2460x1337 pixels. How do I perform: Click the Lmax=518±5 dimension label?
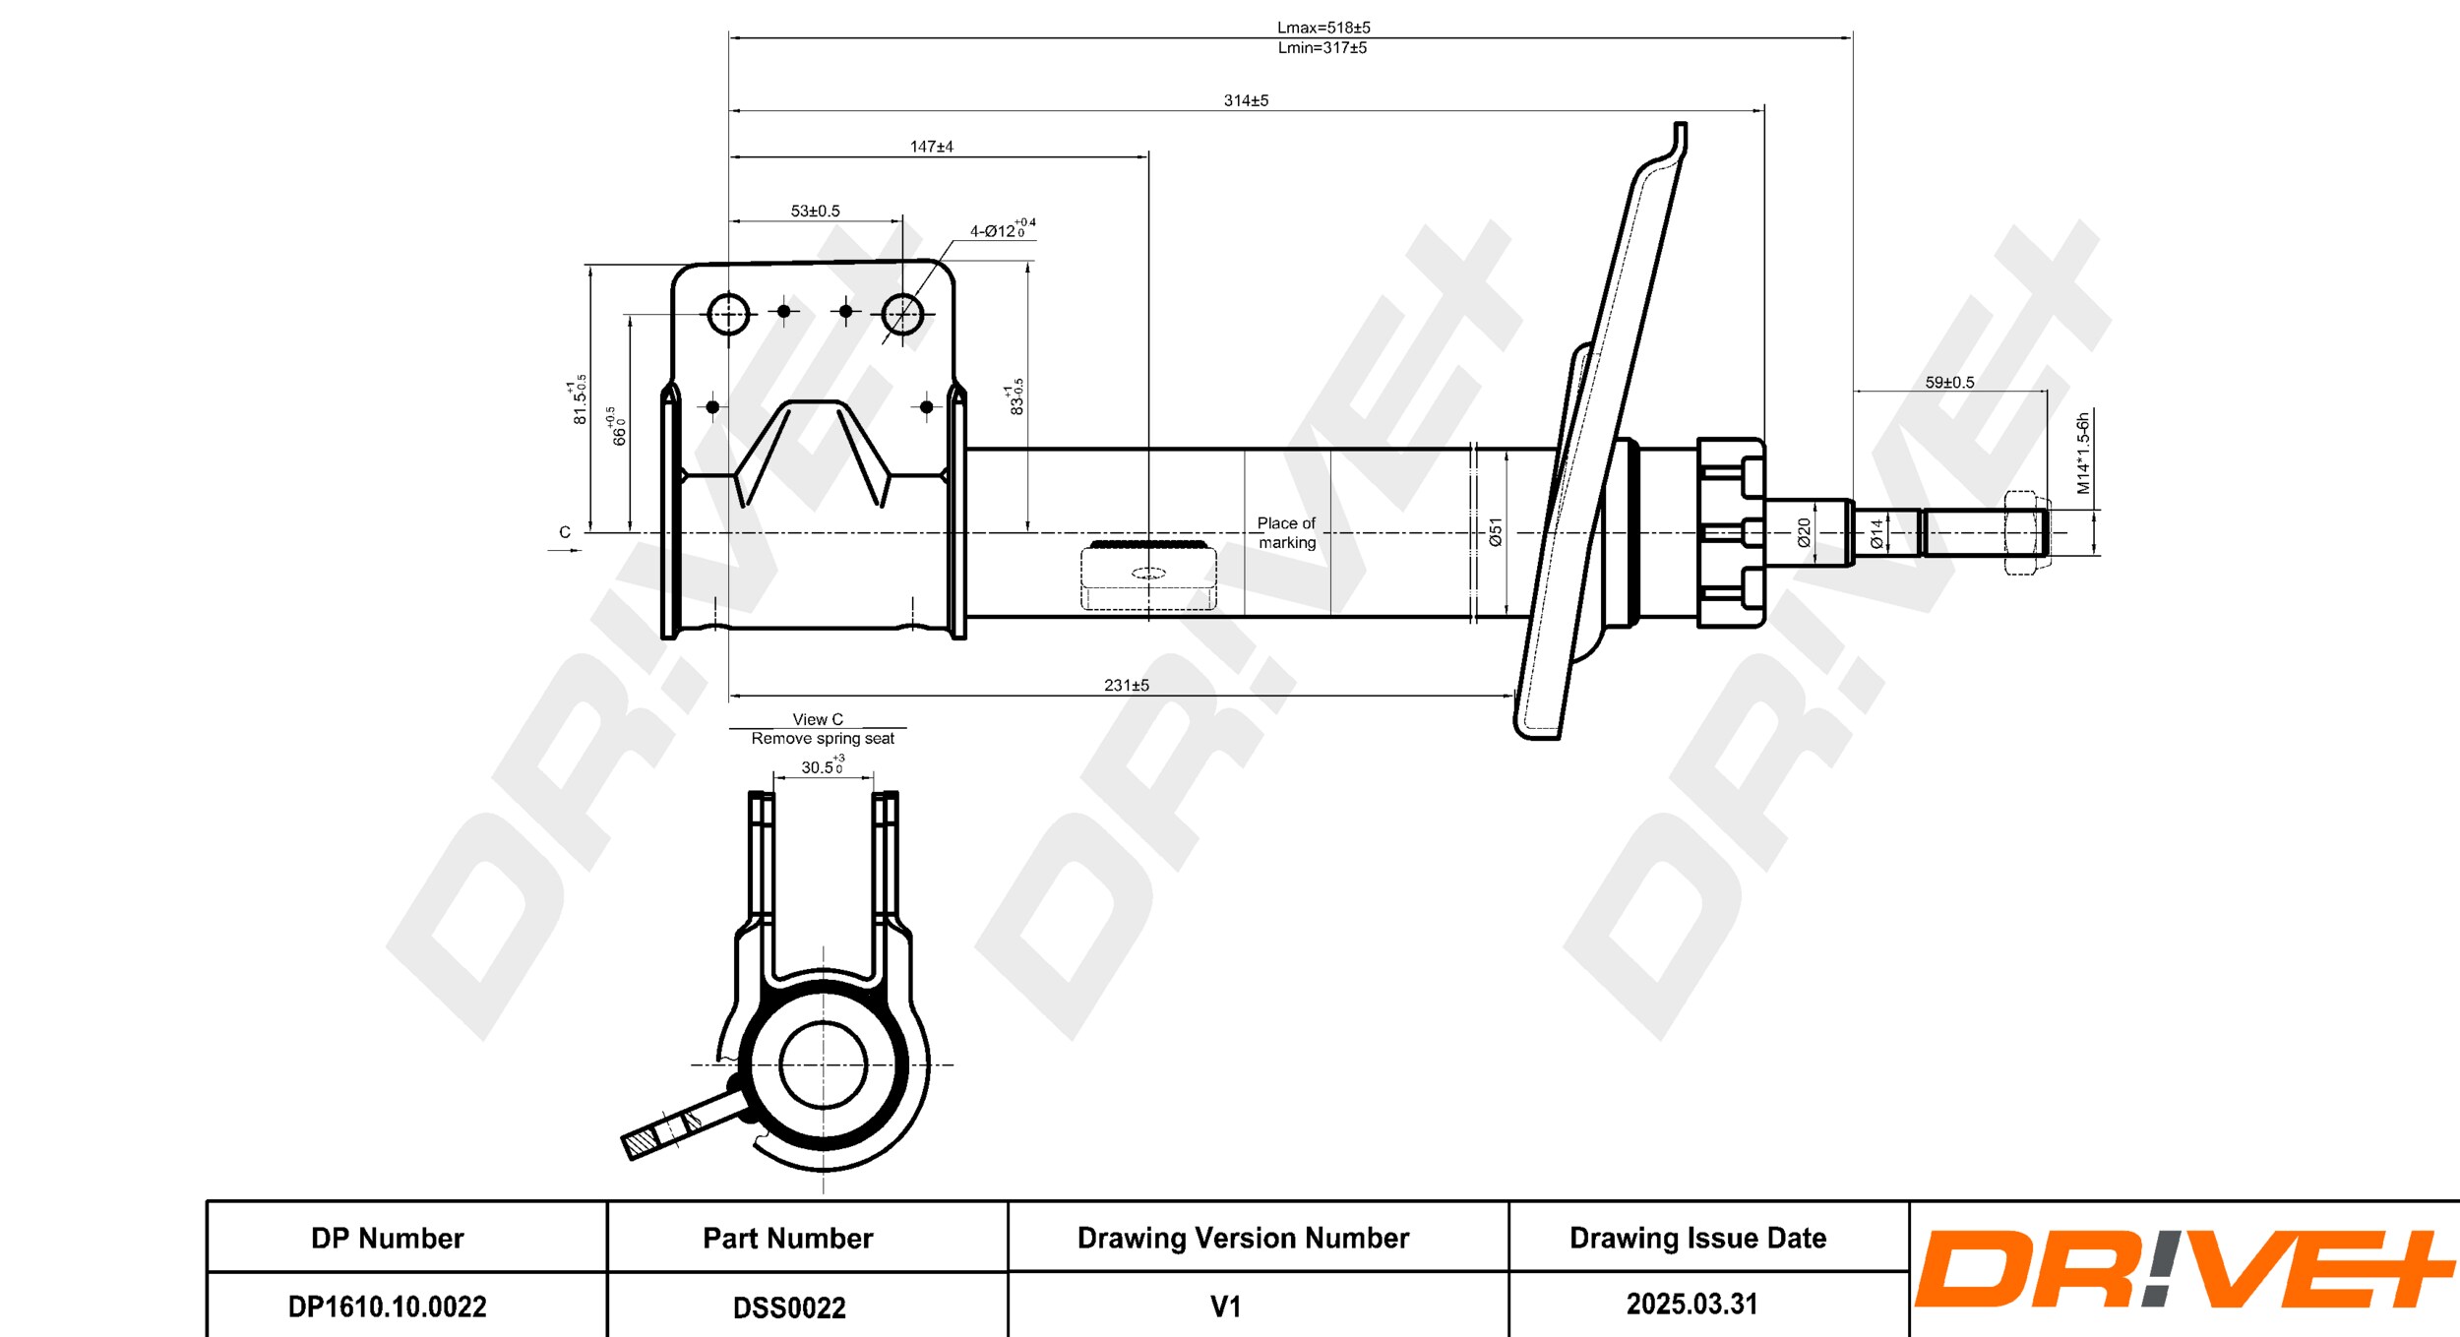tap(1322, 28)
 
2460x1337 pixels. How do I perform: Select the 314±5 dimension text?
tap(1246, 100)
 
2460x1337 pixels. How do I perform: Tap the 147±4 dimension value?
tap(931, 147)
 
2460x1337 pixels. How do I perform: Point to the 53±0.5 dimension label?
tap(815, 211)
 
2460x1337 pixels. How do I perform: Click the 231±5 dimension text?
tap(1126, 685)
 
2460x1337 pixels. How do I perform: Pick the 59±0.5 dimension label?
tap(1949, 382)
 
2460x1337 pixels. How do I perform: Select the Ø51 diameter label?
tap(1496, 532)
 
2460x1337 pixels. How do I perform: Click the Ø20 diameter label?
tap(1804, 532)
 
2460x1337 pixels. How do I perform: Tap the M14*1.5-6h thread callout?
tap(2082, 454)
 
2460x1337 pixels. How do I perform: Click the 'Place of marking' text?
tap(1286, 532)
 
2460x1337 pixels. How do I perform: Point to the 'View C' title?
tap(818, 719)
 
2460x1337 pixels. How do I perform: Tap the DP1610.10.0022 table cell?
tap(387, 1307)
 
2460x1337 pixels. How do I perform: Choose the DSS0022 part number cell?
tap(789, 1307)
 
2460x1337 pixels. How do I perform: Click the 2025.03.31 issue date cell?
tap(1691, 1304)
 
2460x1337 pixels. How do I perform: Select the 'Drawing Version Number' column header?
tap(1243, 1238)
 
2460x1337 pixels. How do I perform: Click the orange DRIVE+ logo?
tap(2184, 1269)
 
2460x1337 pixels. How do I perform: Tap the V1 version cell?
tap(1225, 1307)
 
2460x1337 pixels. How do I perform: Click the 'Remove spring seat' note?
tap(823, 738)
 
